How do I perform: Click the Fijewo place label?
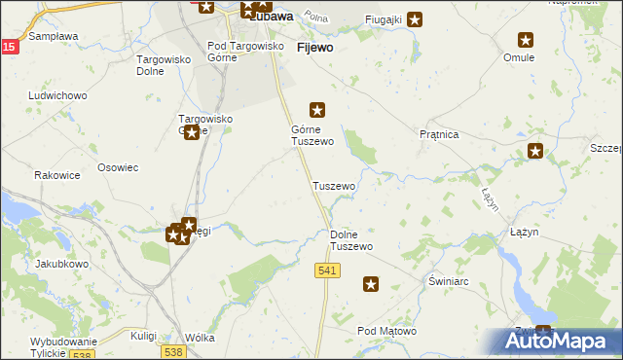coord(314,47)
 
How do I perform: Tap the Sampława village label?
coord(54,36)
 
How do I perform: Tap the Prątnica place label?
coord(438,134)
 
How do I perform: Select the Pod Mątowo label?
coord(386,332)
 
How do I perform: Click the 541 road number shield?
coord(327,270)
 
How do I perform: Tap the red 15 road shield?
coord(8,47)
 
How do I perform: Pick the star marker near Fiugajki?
coord(415,18)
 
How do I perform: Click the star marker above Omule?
coord(526,40)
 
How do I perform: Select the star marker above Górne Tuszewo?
coord(316,110)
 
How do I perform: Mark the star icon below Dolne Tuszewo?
coord(371,284)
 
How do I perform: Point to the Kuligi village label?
coord(144,336)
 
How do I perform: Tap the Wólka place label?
coord(199,338)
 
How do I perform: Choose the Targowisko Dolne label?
coord(155,64)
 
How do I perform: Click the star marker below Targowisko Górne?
coord(192,132)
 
